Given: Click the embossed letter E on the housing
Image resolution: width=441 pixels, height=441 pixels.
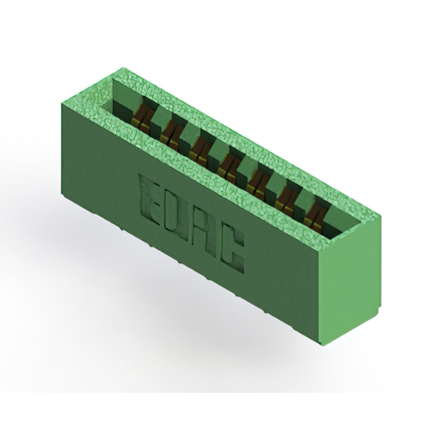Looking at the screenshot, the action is pyautogui.click(x=151, y=199).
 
